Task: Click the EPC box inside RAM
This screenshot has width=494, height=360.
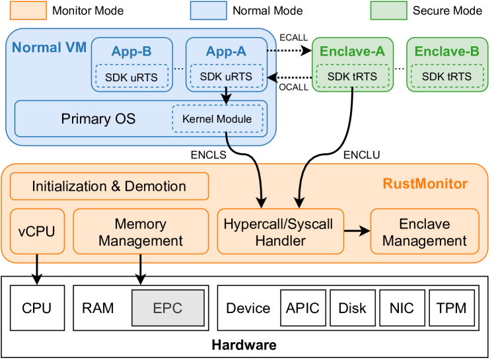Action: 168,308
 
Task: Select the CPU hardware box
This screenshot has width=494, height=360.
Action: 36,308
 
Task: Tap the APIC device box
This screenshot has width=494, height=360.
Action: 302,308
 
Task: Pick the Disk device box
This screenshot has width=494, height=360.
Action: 351,308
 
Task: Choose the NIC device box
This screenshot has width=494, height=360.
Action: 401,308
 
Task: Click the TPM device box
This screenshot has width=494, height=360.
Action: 451,308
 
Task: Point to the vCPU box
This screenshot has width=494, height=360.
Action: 37,231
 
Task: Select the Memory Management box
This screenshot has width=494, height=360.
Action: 140,232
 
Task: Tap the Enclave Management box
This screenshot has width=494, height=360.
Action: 424,232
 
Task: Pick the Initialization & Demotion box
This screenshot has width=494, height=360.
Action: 109,186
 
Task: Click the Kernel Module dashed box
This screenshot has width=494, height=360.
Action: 217,119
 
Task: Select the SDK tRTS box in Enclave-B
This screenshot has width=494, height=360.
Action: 446,77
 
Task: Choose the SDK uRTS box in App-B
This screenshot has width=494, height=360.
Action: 131,77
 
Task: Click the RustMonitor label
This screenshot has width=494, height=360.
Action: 425,184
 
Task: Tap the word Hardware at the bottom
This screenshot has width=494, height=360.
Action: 244,345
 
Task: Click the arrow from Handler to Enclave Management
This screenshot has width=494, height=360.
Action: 356,231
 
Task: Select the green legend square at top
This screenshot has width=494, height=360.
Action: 388,10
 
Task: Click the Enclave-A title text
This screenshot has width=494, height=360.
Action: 352,52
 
